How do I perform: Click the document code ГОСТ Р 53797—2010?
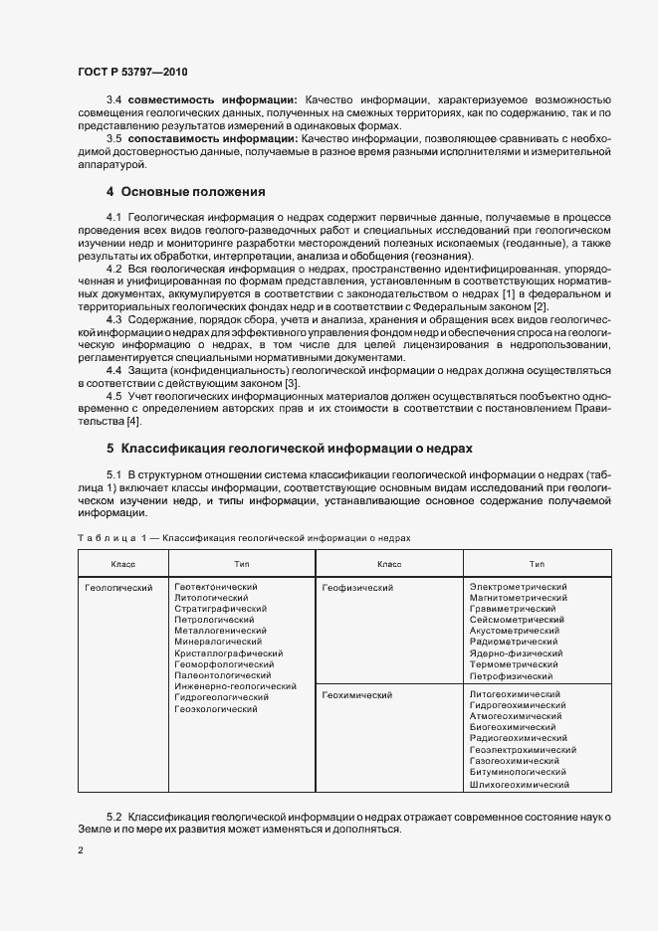point(131,72)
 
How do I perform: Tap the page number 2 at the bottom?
point(81,850)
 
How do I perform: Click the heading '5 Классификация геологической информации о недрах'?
point(289,449)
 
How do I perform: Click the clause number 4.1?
point(114,217)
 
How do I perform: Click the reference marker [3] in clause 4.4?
point(290,384)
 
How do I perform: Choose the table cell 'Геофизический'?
point(358,588)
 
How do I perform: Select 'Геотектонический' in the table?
point(216,588)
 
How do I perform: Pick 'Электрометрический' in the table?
point(518,588)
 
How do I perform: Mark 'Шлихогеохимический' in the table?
point(520,785)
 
